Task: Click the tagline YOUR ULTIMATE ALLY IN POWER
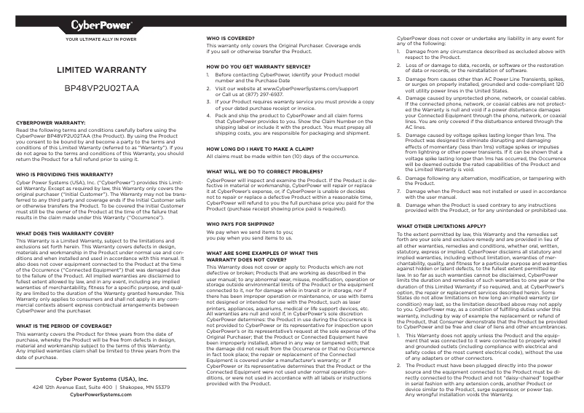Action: pyautogui.click(x=101, y=39)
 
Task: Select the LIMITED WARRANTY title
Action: pyautogui.click(x=101, y=71)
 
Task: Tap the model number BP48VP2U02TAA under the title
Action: pyautogui.click(x=101, y=88)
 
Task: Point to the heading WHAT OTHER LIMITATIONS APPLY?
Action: pyautogui.click(x=440, y=227)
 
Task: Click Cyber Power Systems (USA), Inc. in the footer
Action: pyautogui.click(x=101, y=379)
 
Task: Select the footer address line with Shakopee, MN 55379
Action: pyautogui.click(x=101, y=387)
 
